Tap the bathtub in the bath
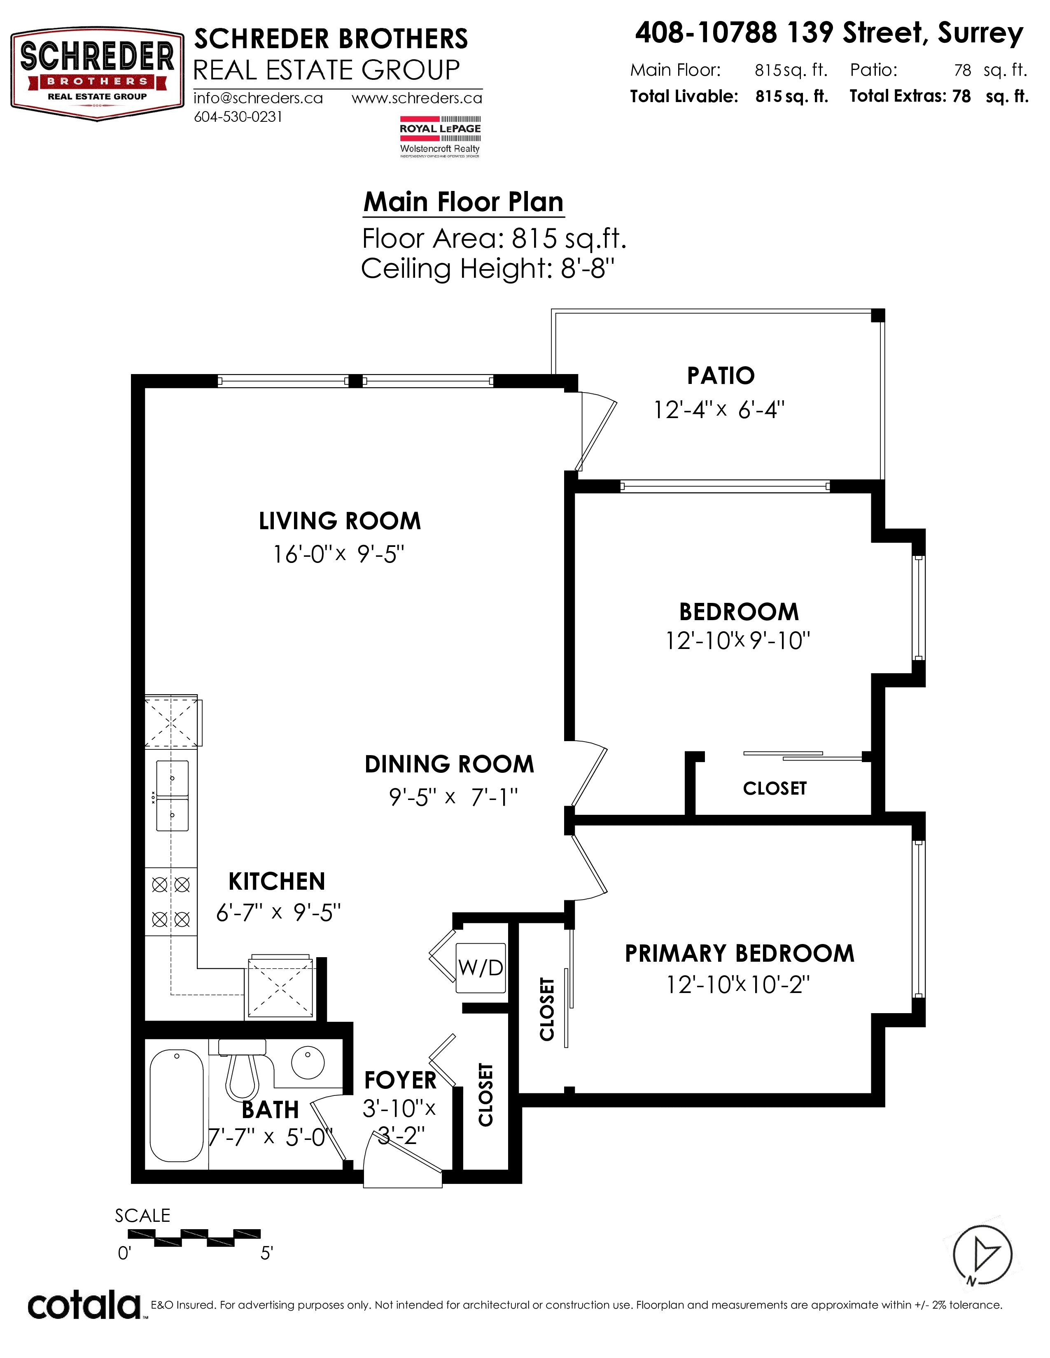click(177, 1105)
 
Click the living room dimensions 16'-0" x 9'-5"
click(339, 554)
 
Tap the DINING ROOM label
click(449, 764)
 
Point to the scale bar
click(194, 1238)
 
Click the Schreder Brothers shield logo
click(97, 74)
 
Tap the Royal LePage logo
click(440, 136)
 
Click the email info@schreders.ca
click(258, 98)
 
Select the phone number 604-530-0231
click(238, 117)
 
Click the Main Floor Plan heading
click(463, 202)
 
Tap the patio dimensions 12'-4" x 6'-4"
click(719, 410)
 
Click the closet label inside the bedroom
click(775, 788)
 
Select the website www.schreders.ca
click(417, 98)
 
